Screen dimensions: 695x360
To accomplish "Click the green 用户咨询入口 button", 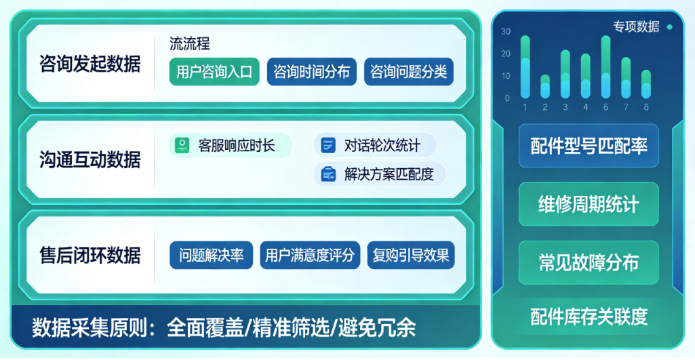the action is (214, 71).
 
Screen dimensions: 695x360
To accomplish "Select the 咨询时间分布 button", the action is (312, 71).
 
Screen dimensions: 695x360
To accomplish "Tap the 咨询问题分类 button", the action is (409, 71).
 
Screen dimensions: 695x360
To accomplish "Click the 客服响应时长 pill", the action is (231, 145).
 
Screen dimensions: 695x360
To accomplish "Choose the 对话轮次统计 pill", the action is (375, 145).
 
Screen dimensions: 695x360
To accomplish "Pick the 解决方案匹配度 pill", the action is (380, 174).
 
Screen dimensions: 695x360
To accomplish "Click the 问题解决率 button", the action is (211, 255).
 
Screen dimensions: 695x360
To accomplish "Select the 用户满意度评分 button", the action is (310, 255).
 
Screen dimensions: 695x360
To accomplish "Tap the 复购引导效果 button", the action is (411, 255).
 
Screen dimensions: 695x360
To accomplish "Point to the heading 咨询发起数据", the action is (90, 64).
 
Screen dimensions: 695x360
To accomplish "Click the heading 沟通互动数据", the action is (90, 159).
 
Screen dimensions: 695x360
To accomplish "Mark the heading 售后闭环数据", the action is (90, 256).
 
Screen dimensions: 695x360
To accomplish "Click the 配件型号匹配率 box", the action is (589, 146).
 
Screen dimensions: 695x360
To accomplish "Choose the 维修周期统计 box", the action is (589, 204).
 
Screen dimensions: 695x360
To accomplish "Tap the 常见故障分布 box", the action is (589, 262).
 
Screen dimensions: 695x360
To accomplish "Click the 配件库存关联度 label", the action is (589, 316).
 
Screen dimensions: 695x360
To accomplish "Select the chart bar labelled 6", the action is (606, 67).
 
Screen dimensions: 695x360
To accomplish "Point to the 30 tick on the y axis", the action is (506, 31).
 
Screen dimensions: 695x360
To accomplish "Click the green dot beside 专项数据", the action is (670, 27).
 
